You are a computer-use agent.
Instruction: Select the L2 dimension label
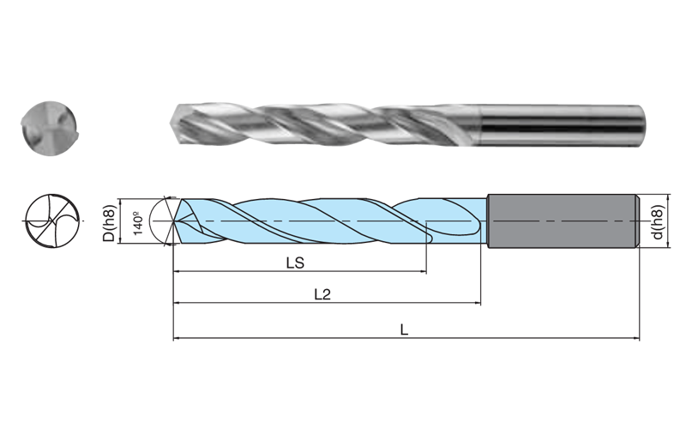(322, 294)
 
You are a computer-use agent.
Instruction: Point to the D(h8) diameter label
(109, 224)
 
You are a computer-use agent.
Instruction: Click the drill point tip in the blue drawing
(174, 221)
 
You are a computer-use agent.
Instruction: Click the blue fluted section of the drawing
(326, 221)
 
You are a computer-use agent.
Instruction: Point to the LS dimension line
(343, 273)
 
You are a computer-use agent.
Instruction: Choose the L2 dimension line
(386, 304)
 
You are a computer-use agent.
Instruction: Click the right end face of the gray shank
(635, 222)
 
